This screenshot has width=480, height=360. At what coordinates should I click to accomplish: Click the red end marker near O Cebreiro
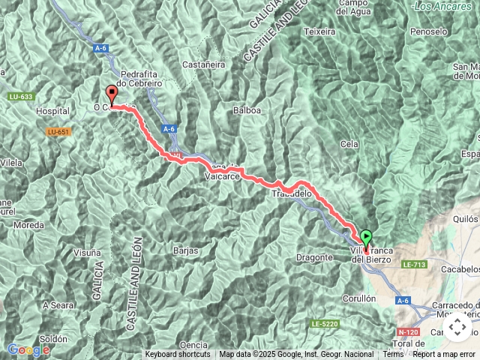tap(112, 94)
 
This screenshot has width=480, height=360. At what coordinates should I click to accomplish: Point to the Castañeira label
tap(203, 65)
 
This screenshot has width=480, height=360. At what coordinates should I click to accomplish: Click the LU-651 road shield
tap(57, 133)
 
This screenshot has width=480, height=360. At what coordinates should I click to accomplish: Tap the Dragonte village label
tap(315, 257)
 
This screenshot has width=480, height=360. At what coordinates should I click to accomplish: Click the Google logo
tap(28, 349)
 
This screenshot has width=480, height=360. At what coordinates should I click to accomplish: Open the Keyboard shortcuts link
tap(178, 355)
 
